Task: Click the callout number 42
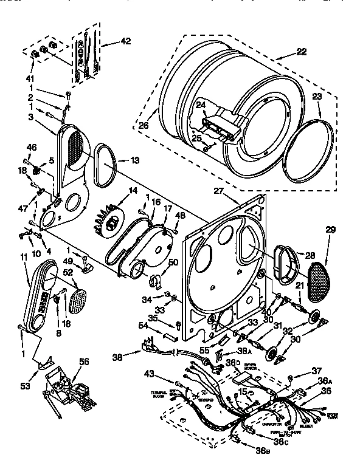pos(125,41)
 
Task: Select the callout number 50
pos(174,262)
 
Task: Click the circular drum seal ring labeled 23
pos(309,149)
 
